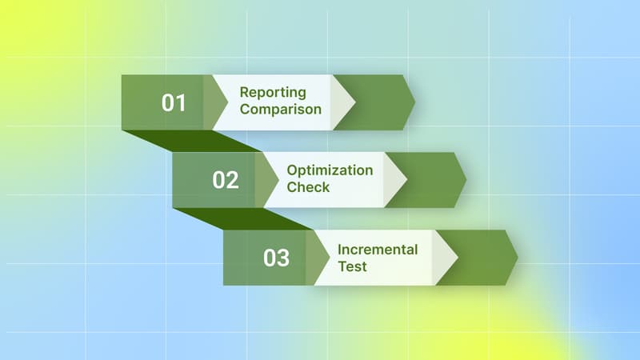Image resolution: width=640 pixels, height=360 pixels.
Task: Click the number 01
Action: tap(174, 102)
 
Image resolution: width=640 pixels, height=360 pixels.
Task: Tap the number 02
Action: tap(226, 180)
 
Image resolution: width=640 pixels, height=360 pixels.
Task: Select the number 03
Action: tap(276, 258)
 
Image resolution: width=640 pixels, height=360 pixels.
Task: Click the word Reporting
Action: tap(273, 92)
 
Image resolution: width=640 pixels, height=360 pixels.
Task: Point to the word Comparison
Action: tap(281, 110)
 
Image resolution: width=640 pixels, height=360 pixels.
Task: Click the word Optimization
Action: tap(330, 170)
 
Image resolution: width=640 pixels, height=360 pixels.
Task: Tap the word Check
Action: tap(308, 188)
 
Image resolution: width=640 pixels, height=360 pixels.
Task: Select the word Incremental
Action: tap(378, 249)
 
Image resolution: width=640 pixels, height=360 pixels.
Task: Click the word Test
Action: tap(352, 266)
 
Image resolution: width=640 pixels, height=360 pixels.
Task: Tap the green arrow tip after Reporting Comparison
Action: tap(384, 102)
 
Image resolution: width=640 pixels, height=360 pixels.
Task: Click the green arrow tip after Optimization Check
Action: tap(436, 180)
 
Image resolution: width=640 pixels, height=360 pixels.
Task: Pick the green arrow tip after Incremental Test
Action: tap(488, 258)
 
